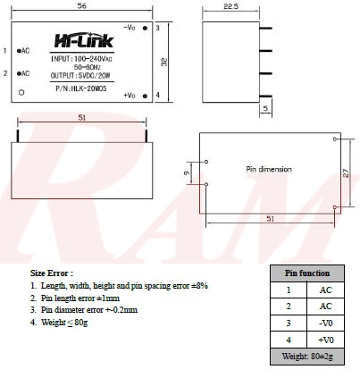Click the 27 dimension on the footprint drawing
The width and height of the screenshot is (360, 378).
345,174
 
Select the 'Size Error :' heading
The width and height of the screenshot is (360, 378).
52,273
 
